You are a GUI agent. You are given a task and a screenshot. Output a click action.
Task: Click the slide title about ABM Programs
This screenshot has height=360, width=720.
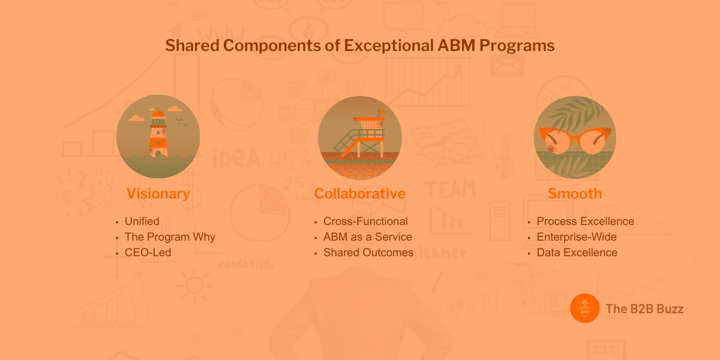point(360,46)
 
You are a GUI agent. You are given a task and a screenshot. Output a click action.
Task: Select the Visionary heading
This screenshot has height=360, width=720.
point(158,194)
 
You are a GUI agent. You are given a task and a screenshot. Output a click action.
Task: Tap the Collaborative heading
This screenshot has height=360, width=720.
point(360,194)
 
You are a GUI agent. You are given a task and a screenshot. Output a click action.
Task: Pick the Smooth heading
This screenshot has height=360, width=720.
point(575,194)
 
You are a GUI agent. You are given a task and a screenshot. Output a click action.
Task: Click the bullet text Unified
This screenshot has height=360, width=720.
point(142,221)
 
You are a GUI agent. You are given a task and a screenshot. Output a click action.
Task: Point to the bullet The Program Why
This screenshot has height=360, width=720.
point(170,237)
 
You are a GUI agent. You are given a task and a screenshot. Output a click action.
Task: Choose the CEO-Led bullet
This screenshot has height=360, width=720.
point(148,253)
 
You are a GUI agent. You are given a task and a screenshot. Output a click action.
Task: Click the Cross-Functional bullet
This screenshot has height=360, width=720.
point(365,221)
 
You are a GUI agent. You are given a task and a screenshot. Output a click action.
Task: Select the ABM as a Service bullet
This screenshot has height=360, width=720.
point(368,237)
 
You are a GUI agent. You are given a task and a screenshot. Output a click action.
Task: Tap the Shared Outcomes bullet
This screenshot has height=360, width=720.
point(368,253)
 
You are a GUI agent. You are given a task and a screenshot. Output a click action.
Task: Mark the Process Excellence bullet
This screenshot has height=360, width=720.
point(585,221)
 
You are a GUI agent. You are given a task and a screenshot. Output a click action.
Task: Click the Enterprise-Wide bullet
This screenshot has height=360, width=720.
point(577,237)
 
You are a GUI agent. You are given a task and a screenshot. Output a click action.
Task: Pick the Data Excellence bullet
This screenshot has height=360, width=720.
point(577,253)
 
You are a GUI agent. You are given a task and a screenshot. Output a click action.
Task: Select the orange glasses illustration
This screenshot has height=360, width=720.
point(575,139)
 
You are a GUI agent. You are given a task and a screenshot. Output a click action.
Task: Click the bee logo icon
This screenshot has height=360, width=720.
point(584,308)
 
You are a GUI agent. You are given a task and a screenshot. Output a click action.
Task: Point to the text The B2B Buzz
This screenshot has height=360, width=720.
point(644,309)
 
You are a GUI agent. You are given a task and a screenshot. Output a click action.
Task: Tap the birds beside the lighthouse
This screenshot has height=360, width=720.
point(181,122)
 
